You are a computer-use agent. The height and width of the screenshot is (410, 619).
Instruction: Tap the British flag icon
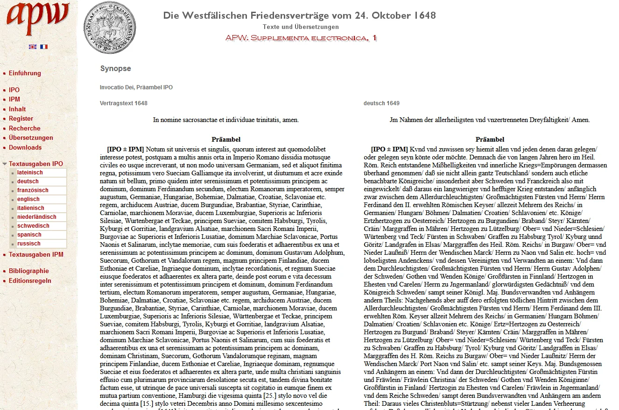pos(32,47)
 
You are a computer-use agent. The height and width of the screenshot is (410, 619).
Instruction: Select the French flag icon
pos(44,47)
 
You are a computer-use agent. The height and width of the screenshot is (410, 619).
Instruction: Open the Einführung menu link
pos(25,73)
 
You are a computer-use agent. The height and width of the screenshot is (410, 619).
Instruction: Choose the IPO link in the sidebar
pos(14,90)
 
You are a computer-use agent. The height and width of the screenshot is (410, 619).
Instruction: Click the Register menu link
pos(21,119)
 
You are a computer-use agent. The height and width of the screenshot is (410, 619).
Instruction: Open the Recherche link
pos(24,128)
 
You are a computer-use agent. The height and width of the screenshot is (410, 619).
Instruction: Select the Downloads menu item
pos(25,147)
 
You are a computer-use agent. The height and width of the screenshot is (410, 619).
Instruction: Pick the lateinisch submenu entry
pos(30,173)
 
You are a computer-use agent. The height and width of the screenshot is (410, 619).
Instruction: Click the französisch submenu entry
pos(33,190)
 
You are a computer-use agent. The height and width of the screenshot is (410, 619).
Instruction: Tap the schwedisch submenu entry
pos(33,226)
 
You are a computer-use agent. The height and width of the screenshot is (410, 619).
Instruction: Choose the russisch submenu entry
pos(29,244)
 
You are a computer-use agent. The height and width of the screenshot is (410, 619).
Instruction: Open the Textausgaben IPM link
pos(36,255)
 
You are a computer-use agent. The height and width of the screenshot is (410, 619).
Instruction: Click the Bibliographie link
pos(28,271)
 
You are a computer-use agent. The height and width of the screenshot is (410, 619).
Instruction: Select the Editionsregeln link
pos(30,281)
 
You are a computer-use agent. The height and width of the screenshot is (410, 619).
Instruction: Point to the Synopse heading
pos(115,69)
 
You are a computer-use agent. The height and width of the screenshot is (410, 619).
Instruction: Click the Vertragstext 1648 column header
pos(123,103)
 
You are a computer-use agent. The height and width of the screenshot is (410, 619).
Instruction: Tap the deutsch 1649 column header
pos(381,103)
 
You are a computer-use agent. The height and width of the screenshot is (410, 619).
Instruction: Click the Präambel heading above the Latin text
pos(226,139)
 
